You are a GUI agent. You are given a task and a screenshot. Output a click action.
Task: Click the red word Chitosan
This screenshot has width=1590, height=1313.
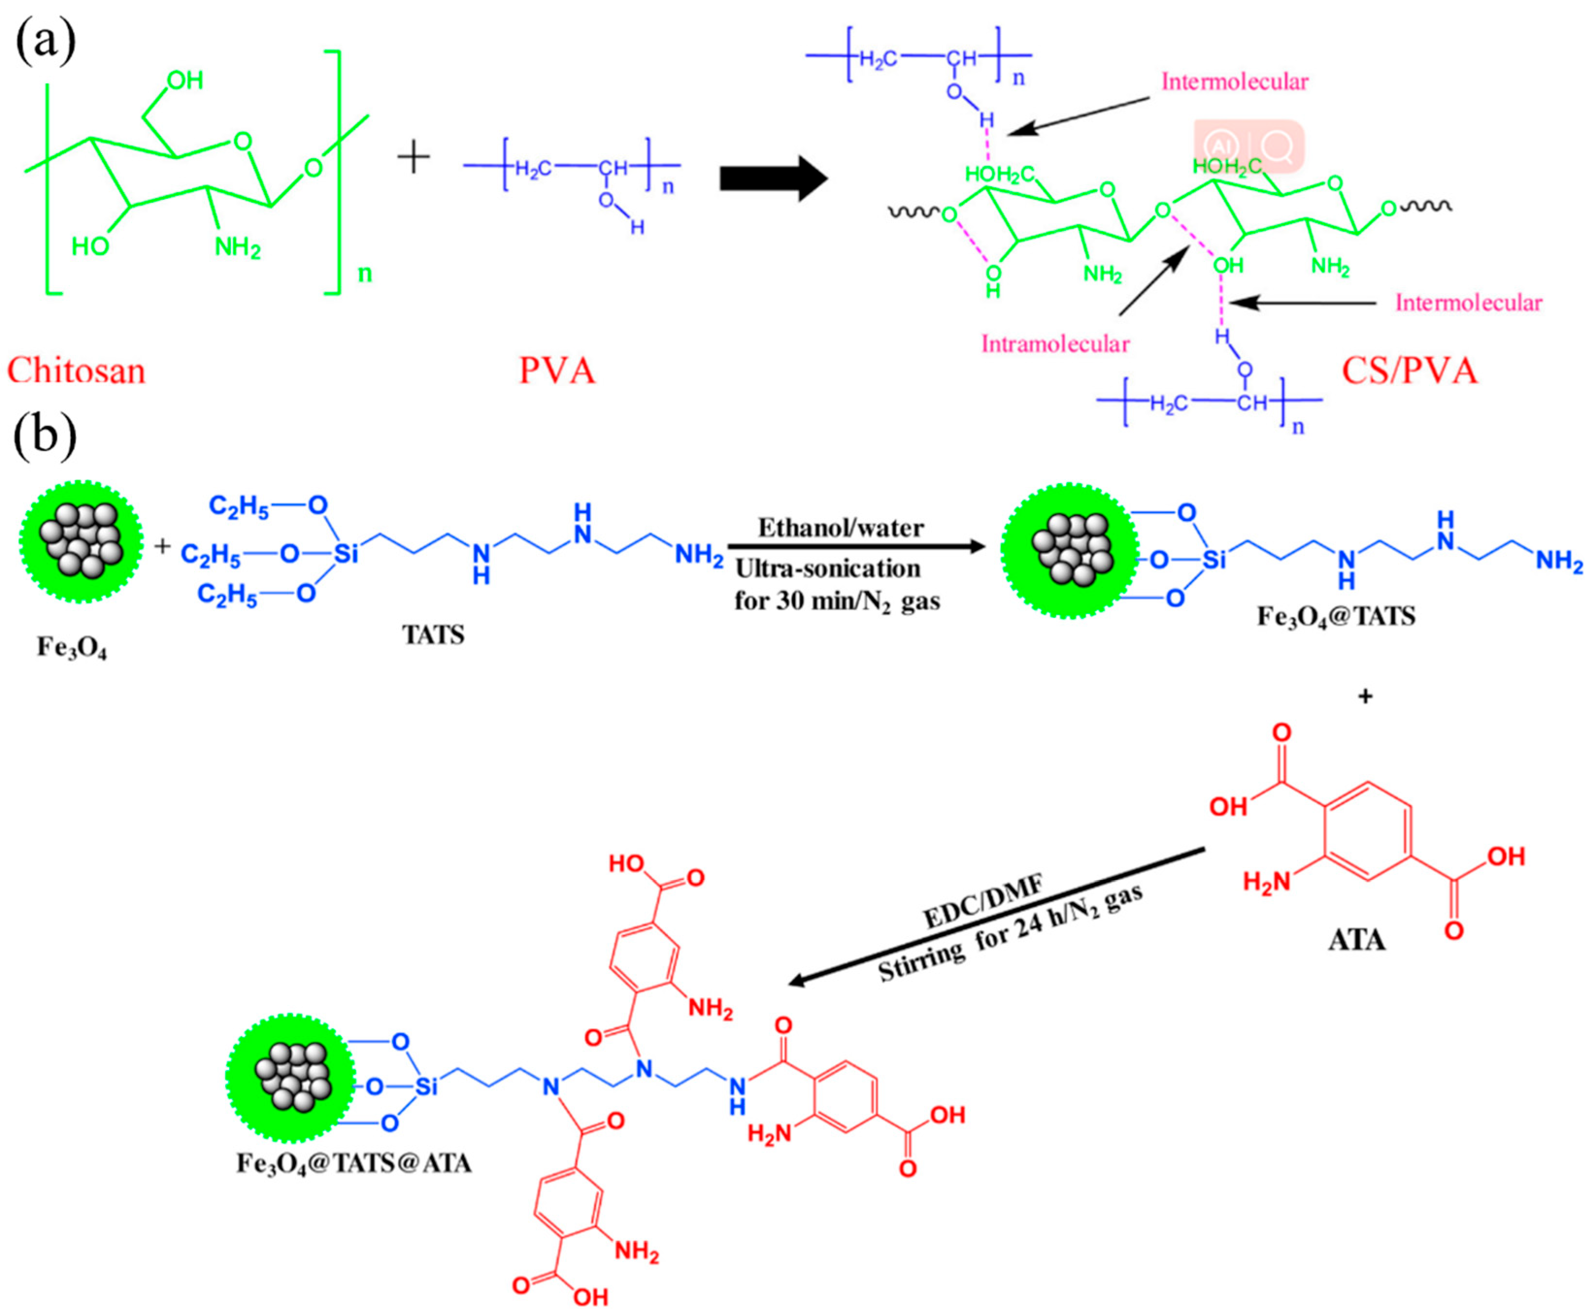(x=76, y=371)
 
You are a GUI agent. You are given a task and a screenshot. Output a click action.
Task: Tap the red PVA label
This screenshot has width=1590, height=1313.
(x=557, y=371)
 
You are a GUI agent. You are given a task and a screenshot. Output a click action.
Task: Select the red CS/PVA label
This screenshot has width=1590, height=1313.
(x=1409, y=371)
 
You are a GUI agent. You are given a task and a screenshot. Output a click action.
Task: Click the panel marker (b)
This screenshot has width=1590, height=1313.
(x=46, y=437)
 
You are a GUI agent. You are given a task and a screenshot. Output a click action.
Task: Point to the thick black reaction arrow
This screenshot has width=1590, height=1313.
(x=772, y=179)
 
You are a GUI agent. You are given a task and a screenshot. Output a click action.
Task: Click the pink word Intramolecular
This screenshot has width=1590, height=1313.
(x=1055, y=344)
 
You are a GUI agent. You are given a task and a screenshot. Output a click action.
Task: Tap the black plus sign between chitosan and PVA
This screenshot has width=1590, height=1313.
(x=413, y=158)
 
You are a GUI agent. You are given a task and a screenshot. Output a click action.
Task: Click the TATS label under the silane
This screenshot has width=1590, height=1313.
(x=433, y=634)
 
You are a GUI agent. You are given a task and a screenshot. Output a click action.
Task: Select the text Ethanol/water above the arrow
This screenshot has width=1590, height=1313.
(x=840, y=527)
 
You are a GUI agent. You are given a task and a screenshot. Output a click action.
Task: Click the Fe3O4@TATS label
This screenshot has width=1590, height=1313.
(x=1336, y=616)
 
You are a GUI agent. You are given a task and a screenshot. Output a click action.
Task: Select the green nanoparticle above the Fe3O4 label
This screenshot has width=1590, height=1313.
(x=81, y=541)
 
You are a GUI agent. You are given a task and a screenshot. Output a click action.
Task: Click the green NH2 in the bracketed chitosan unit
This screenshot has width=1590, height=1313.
(x=238, y=246)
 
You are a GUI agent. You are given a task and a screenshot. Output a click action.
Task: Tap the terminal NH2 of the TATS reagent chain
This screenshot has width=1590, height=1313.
(x=698, y=555)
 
